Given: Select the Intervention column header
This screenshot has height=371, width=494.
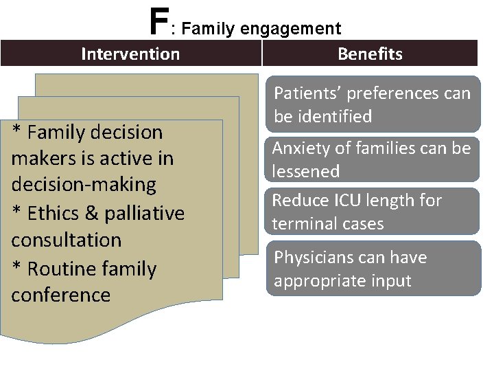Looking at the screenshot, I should tap(130, 54).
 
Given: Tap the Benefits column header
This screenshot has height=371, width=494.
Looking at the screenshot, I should tap(370, 54).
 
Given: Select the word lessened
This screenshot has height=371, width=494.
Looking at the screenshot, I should tap(306, 171).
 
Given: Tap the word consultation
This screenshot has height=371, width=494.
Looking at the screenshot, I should tap(66, 240).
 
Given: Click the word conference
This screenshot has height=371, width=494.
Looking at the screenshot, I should tap(60, 295).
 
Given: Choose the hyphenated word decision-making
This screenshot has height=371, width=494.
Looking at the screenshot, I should tap(84, 184).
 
